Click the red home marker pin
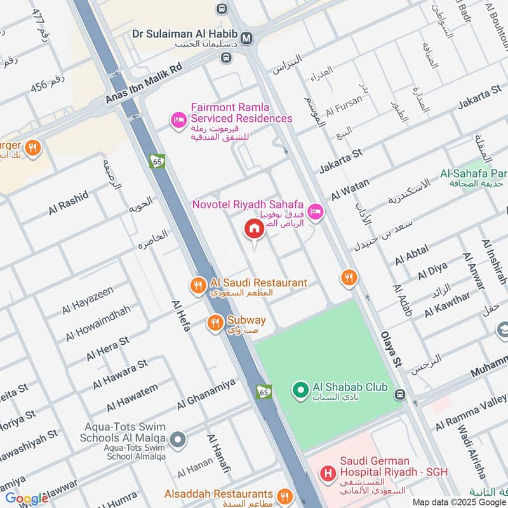tap(254, 229)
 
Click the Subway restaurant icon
tap(216, 324)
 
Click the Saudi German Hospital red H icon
tap(328, 473)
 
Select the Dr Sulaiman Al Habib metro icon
tap(246, 38)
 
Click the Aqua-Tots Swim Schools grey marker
tap(178, 439)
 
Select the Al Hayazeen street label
tap(87, 300)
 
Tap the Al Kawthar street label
tap(447, 304)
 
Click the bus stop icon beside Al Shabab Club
tap(401, 395)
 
